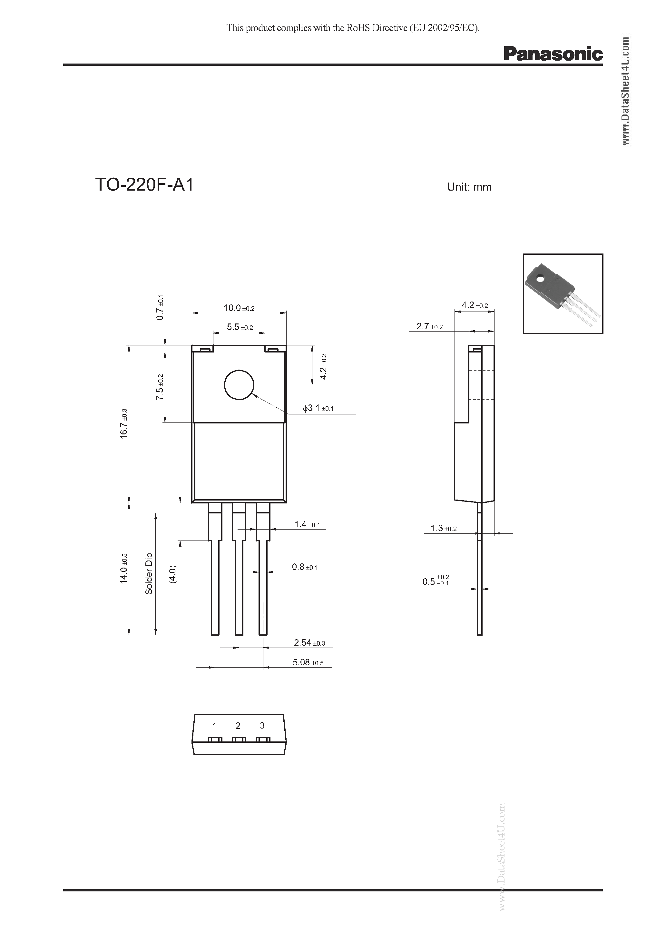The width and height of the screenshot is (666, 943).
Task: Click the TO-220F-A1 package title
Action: coord(144,185)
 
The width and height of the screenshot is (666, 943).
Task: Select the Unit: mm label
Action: coord(469,187)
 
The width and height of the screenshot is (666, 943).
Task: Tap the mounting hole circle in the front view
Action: coord(239,385)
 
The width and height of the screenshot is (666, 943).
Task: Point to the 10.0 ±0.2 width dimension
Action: coord(239,308)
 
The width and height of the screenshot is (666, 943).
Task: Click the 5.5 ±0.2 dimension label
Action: coord(240,327)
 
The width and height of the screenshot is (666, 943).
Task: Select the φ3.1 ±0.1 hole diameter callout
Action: coord(318,408)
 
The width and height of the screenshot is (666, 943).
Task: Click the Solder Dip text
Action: coord(149,573)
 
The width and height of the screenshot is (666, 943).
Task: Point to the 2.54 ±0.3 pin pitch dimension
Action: coord(309,643)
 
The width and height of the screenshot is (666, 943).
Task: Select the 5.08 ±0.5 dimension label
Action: coord(308,662)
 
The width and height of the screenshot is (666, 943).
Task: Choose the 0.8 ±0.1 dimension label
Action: coord(305,567)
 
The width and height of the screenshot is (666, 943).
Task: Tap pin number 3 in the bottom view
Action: coord(262,726)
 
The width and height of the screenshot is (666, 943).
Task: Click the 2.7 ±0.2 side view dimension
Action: coord(429,326)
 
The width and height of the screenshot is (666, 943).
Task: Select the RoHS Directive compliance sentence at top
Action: coord(353,28)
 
